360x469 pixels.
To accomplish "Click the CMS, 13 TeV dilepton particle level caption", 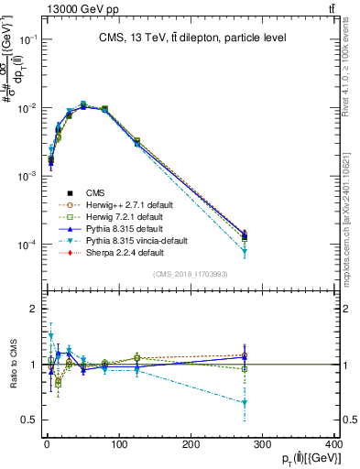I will click(194, 38).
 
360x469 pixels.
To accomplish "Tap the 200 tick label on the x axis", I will click(191, 444).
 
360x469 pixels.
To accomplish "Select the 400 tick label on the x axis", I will click(335, 444).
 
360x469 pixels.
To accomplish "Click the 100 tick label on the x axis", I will click(119, 444).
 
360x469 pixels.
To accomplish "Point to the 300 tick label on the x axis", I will click(263, 444).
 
